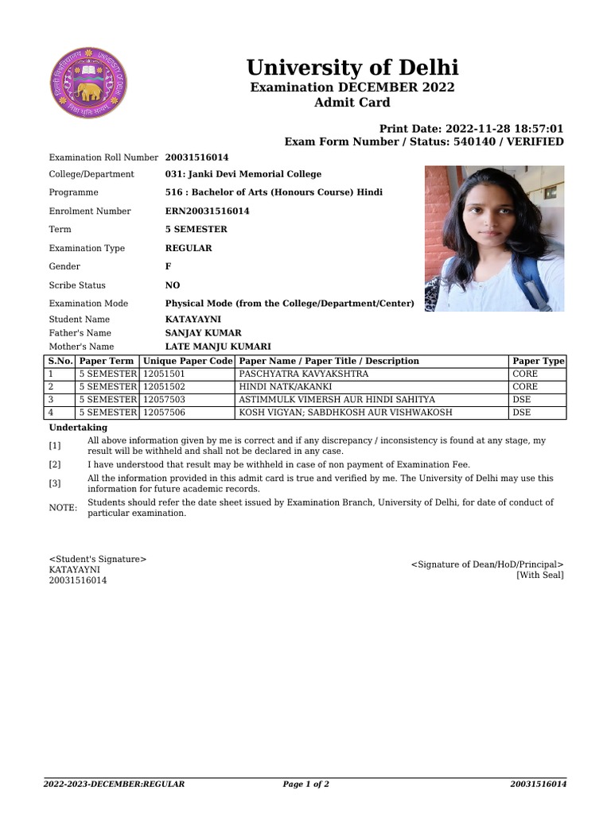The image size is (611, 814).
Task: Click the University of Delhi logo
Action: (88, 83)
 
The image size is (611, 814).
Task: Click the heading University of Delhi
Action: (352, 68)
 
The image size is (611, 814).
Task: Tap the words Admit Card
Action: (352, 103)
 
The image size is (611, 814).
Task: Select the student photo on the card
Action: (494, 238)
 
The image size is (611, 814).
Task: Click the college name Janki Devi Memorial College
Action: (243, 174)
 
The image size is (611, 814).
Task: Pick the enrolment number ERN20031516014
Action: (207, 211)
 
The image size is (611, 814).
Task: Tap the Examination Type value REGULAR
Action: (189, 248)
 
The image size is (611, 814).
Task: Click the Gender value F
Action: (168, 267)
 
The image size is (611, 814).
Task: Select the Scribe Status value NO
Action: (173, 285)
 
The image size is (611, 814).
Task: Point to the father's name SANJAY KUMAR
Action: (203, 333)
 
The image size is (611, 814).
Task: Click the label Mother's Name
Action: (81, 347)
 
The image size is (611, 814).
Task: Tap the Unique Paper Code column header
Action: (188, 361)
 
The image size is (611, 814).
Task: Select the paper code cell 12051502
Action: (164, 386)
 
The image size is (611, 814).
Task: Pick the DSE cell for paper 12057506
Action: (521, 413)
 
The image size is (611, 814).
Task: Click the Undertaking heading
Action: (78, 428)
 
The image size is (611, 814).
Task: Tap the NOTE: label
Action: (63, 508)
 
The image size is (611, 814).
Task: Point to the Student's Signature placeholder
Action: (98, 560)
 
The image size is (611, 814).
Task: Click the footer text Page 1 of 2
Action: (305, 784)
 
